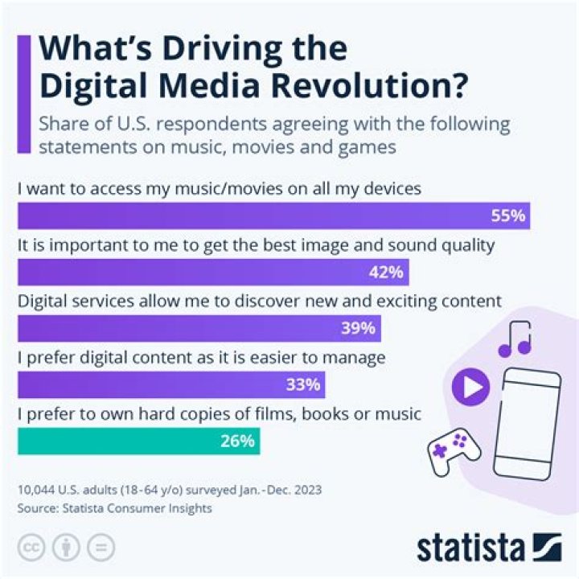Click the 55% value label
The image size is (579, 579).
click(x=508, y=216)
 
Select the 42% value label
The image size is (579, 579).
click(x=386, y=273)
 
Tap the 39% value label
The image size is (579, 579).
click(x=357, y=328)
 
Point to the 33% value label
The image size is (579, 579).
click(x=303, y=384)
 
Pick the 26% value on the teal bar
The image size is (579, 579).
click(x=237, y=441)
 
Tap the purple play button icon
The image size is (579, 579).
click(x=470, y=388)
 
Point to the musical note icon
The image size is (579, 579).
click(x=515, y=339)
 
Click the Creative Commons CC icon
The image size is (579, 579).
click(x=31, y=548)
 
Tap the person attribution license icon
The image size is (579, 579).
click(x=66, y=548)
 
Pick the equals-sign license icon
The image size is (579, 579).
click(x=101, y=548)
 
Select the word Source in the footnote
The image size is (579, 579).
click(x=33, y=508)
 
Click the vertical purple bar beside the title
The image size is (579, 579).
click(x=26, y=92)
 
